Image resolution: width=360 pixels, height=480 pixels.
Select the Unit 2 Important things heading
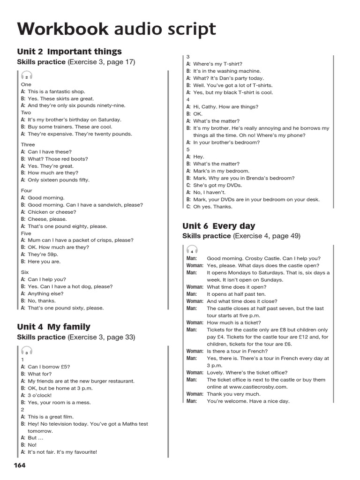coord(69,52)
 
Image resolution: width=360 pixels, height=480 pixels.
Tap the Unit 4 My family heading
coord(53,327)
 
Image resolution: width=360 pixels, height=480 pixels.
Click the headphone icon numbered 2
coord(27,76)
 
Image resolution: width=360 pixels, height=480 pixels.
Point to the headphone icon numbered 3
coord(27,351)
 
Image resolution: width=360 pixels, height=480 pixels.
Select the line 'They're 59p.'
coord(44,254)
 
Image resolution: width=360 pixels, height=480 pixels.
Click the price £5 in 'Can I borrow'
coord(65,367)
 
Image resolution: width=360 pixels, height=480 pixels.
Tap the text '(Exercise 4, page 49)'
coord(267,236)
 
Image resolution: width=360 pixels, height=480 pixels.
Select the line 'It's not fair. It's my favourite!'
coord(62,452)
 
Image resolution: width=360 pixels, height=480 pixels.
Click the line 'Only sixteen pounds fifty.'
coord(59,180)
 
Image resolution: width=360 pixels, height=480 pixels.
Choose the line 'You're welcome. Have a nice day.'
coord(248,401)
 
